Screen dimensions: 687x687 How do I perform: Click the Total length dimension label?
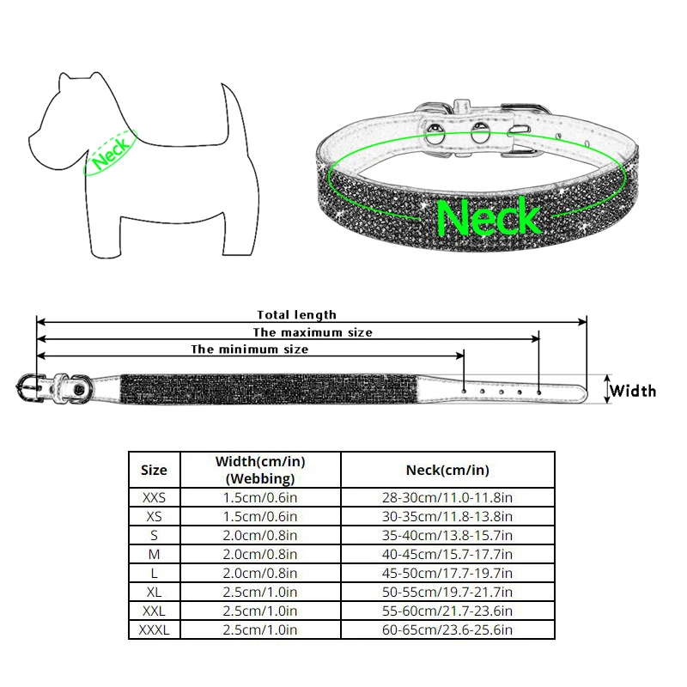pyautogui.click(x=297, y=315)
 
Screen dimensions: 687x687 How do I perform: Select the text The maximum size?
pyautogui.click(x=313, y=332)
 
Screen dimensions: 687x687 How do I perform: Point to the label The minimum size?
pyautogui.click(x=249, y=350)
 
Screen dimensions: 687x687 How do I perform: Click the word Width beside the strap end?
pyautogui.click(x=633, y=392)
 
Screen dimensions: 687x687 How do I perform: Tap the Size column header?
pyautogui.click(x=154, y=470)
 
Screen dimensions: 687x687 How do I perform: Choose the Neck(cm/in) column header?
pyautogui.click(x=447, y=470)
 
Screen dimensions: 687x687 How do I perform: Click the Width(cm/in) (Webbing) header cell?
pyautogui.click(x=260, y=470)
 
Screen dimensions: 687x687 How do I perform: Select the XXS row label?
pyautogui.click(x=154, y=497)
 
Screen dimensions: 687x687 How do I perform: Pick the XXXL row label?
pyautogui.click(x=154, y=630)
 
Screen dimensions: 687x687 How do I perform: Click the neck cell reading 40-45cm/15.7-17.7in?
pyautogui.click(x=447, y=554)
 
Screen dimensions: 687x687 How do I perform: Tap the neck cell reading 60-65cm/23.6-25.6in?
pyautogui.click(x=447, y=630)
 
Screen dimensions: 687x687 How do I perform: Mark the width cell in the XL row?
pyautogui.click(x=260, y=593)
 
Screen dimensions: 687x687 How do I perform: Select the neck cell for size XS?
pyautogui.click(x=447, y=516)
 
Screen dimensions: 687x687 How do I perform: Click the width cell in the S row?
pyautogui.click(x=260, y=535)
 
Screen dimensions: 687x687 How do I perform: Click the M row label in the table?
pyautogui.click(x=154, y=554)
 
